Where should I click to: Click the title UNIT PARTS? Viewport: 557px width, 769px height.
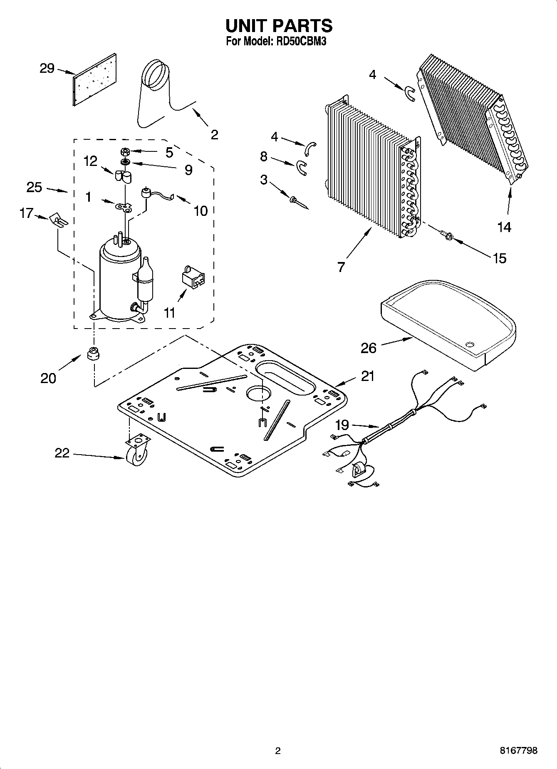(x=278, y=26)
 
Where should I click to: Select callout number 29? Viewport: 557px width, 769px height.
(x=47, y=68)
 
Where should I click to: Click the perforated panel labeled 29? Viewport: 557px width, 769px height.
(x=95, y=79)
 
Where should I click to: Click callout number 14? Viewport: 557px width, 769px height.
(x=504, y=227)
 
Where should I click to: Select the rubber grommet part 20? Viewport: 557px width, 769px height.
(x=94, y=354)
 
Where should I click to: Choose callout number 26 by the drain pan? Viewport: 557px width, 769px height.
(x=369, y=348)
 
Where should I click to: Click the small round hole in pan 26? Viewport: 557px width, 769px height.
(x=470, y=344)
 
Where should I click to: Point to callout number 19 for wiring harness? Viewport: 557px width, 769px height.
(x=342, y=425)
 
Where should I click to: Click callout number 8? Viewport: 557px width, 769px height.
(x=264, y=156)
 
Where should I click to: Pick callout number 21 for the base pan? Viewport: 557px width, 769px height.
(x=367, y=376)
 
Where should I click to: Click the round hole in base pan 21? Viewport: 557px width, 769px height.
(x=258, y=393)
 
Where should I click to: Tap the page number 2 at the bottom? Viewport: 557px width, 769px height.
(x=278, y=751)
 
